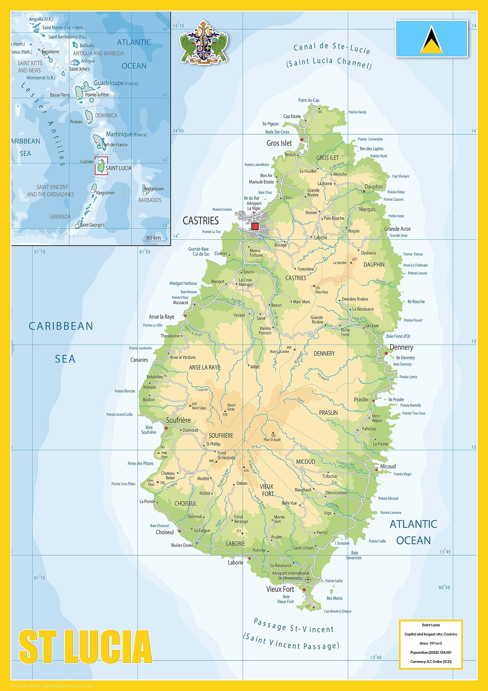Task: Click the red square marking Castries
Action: (x=255, y=226)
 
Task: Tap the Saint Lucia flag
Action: (x=431, y=39)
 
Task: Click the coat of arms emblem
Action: (x=204, y=42)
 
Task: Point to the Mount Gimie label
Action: (x=231, y=407)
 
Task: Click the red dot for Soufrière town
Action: (x=166, y=428)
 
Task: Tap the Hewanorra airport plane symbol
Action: (x=308, y=579)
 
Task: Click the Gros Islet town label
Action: (x=279, y=143)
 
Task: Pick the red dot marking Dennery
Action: (x=386, y=353)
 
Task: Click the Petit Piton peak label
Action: (x=164, y=455)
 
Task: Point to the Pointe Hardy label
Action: (x=357, y=112)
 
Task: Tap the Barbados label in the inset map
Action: (x=150, y=200)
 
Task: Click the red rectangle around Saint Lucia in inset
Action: (x=101, y=165)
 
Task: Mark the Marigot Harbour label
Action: (x=183, y=283)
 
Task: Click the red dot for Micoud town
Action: (x=376, y=470)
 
